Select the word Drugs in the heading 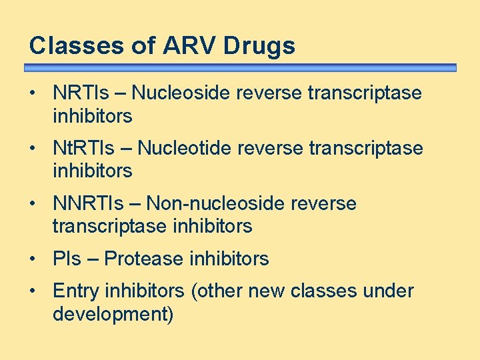(259, 46)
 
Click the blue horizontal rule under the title (240, 68)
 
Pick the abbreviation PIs (65, 259)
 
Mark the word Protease (144, 259)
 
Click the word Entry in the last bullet (73, 291)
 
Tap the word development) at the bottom (113, 314)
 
